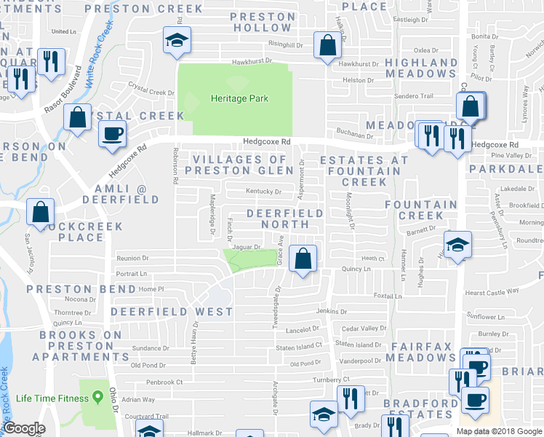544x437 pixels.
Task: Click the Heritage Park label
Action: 239,98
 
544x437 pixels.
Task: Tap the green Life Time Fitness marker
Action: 95,398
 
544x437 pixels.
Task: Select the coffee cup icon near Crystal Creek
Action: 113,135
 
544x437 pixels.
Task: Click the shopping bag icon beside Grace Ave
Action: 303,258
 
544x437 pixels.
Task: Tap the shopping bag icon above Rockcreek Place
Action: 41,213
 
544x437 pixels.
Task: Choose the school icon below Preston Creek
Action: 176,43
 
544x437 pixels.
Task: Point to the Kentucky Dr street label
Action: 264,192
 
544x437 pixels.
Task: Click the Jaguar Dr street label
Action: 246,247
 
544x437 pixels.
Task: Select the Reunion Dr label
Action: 132,258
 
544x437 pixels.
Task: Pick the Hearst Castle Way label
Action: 494,291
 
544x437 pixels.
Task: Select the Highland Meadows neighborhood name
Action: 422,68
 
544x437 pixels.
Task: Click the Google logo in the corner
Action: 24,428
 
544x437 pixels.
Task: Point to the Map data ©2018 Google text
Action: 499,431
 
